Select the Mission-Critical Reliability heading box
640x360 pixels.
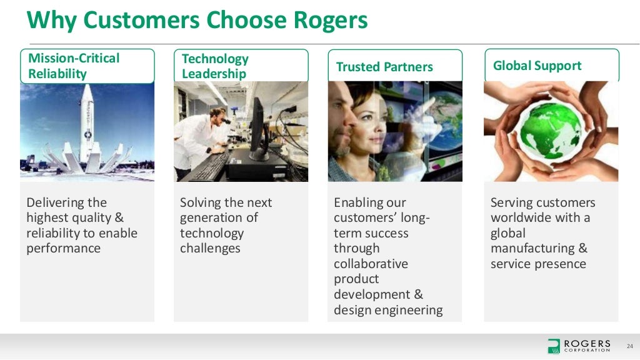tap(87, 66)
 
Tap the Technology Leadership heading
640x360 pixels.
tap(241, 66)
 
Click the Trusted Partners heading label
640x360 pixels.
tap(384, 67)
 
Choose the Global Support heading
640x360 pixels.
tap(537, 66)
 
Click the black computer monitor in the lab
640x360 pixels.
tap(257, 128)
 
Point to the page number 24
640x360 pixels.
tap(629, 346)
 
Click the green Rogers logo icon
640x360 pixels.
tap(554, 346)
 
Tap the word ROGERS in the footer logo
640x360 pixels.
tap(587, 344)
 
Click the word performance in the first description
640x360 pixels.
tap(63, 248)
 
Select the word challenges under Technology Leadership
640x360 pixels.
tap(210, 248)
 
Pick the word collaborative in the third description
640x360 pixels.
tap(371, 264)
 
